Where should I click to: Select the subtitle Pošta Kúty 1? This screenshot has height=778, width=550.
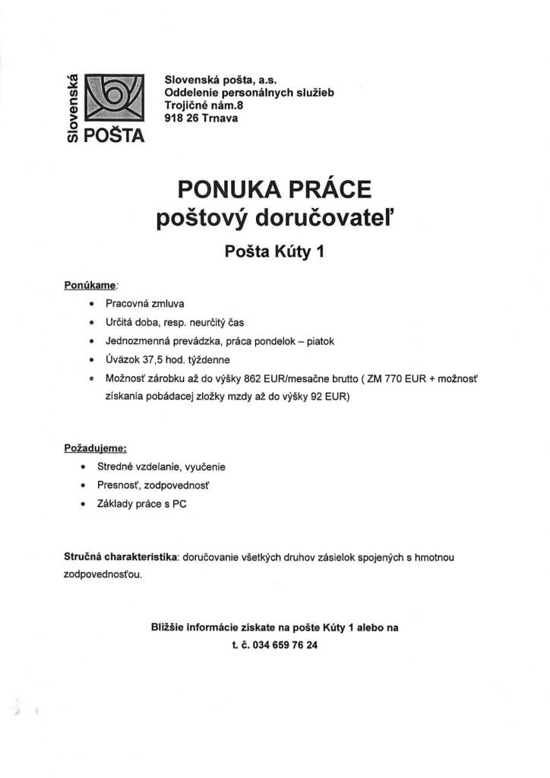(274, 250)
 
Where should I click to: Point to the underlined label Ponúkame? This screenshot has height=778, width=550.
(90, 285)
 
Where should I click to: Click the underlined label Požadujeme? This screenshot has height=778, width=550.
(94, 448)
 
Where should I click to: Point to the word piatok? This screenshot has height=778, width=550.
(319, 341)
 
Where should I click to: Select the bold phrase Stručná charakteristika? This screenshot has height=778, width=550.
(121, 558)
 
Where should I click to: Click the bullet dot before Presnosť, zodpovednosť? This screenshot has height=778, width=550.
(82, 485)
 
